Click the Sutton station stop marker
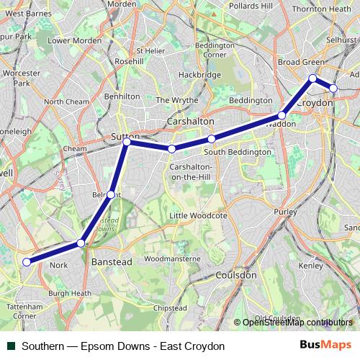tap(127, 143)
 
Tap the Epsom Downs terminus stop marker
tap(27, 262)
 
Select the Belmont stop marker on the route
tap(110, 194)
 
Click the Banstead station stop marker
tap(81, 243)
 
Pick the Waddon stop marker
tap(282, 114)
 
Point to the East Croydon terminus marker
tap(333, 89)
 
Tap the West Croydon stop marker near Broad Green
tap(312, 78)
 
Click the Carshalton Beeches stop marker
tap(171, 149)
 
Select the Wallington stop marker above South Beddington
tap(211, 138)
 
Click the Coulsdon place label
tap(236, 275)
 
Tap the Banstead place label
tap(112, 263)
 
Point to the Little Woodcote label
tap(198, 215)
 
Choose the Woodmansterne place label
tap(172, 258)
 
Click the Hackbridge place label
tap(199, 75)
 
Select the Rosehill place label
tap(129, 62)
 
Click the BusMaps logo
tap(330, 346)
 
